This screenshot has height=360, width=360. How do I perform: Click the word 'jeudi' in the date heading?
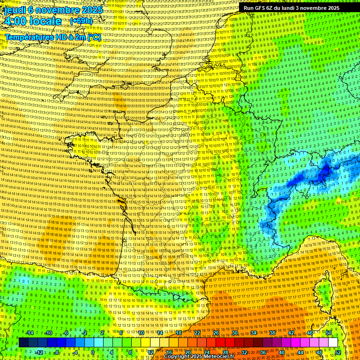pos(14,9)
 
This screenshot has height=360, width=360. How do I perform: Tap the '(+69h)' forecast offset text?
pos(81,21)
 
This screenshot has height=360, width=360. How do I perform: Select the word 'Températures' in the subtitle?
pos(28,37)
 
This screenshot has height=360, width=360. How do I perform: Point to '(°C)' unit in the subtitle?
pos(93,37)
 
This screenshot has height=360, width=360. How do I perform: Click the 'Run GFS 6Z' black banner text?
pos(262,8)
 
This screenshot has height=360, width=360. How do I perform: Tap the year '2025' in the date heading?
pos(91,9)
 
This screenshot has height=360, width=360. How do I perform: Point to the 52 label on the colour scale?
pos(337,352)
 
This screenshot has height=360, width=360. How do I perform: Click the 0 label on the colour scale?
pos(93,352)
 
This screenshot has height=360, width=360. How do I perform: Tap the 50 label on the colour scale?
pos(328,333)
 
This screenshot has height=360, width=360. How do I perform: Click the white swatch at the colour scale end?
pos(333,343)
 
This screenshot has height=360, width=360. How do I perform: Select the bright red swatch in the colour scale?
pos(220,343)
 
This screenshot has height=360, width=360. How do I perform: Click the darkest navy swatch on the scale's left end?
pos(23,343)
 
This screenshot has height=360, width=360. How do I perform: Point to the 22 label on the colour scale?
pos(197,333)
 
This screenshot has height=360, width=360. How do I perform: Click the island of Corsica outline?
pos(323,291)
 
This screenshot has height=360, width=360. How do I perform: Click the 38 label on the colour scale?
pos(272,333)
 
